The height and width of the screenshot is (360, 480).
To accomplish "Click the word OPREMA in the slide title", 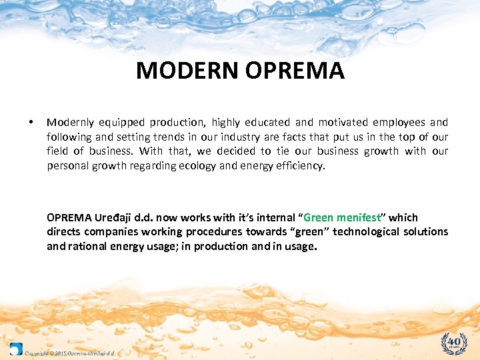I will click(294, 71).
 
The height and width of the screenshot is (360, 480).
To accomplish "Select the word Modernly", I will click(71, 123).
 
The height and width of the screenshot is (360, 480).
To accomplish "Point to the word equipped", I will click(123, 123).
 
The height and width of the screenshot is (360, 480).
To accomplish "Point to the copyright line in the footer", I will click(71, 353).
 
